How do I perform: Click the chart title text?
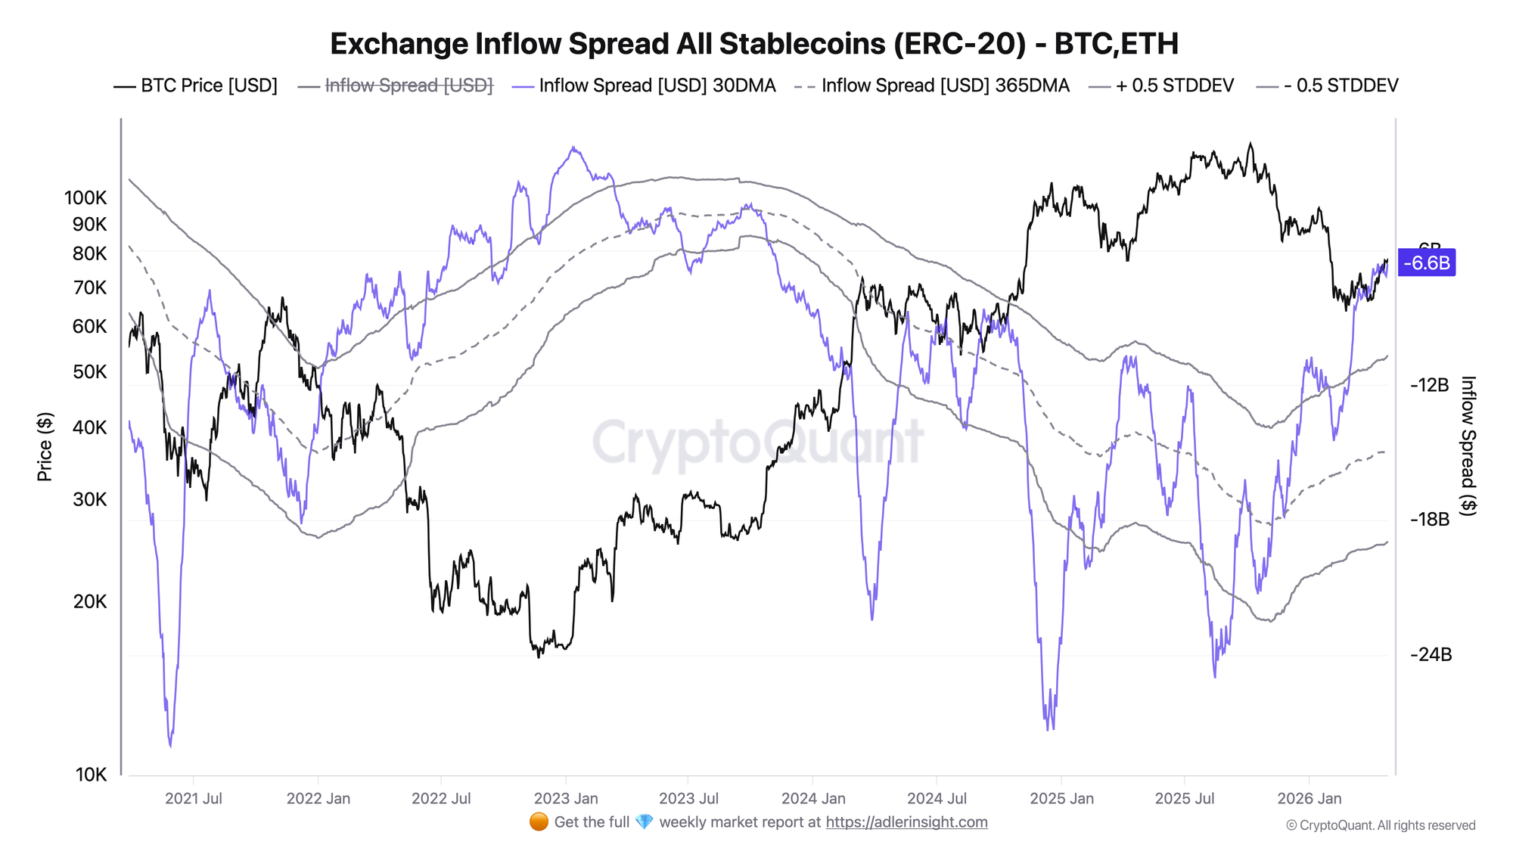tap(754, 44)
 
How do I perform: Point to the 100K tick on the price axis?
tap(85, 198)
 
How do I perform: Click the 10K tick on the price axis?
tap(91, 775)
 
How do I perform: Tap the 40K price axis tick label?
tap(89, 428)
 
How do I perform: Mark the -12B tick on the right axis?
tap(1429, 385)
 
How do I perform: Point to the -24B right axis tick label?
tap(1431, 655)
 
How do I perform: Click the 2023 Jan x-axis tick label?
tap(566, 799)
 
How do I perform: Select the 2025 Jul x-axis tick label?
tap(1185, 799)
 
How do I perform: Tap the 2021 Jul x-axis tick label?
tap(194, 799)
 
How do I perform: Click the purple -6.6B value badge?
tap(1427, 263)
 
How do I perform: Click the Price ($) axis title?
tap(45, 447)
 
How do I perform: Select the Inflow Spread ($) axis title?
tap(1468, 446)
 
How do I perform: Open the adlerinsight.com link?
tap(906, 822)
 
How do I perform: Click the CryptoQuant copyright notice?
tap(1381, 825)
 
